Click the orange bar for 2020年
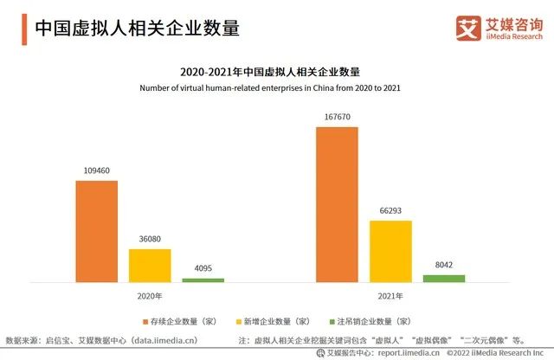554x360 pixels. click(96, 231)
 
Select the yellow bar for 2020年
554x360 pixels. click(150, 265)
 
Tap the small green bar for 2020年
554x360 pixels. click(203, 280)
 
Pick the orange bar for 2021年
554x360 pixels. click(337, 203)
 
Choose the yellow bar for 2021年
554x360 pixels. click(390, 251)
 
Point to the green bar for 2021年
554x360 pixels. click(443, 278)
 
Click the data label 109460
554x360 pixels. click(96, 171)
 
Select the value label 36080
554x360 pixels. click(150, 240)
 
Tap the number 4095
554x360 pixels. click(203, 269)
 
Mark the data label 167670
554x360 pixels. click(337, 117)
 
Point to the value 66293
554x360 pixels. click(390, 211)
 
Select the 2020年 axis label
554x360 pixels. click(150, 297)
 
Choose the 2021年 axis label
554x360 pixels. click(390, 297)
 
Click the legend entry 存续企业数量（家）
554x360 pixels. click(178, 320)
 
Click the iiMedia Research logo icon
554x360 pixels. click(468, 29)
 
